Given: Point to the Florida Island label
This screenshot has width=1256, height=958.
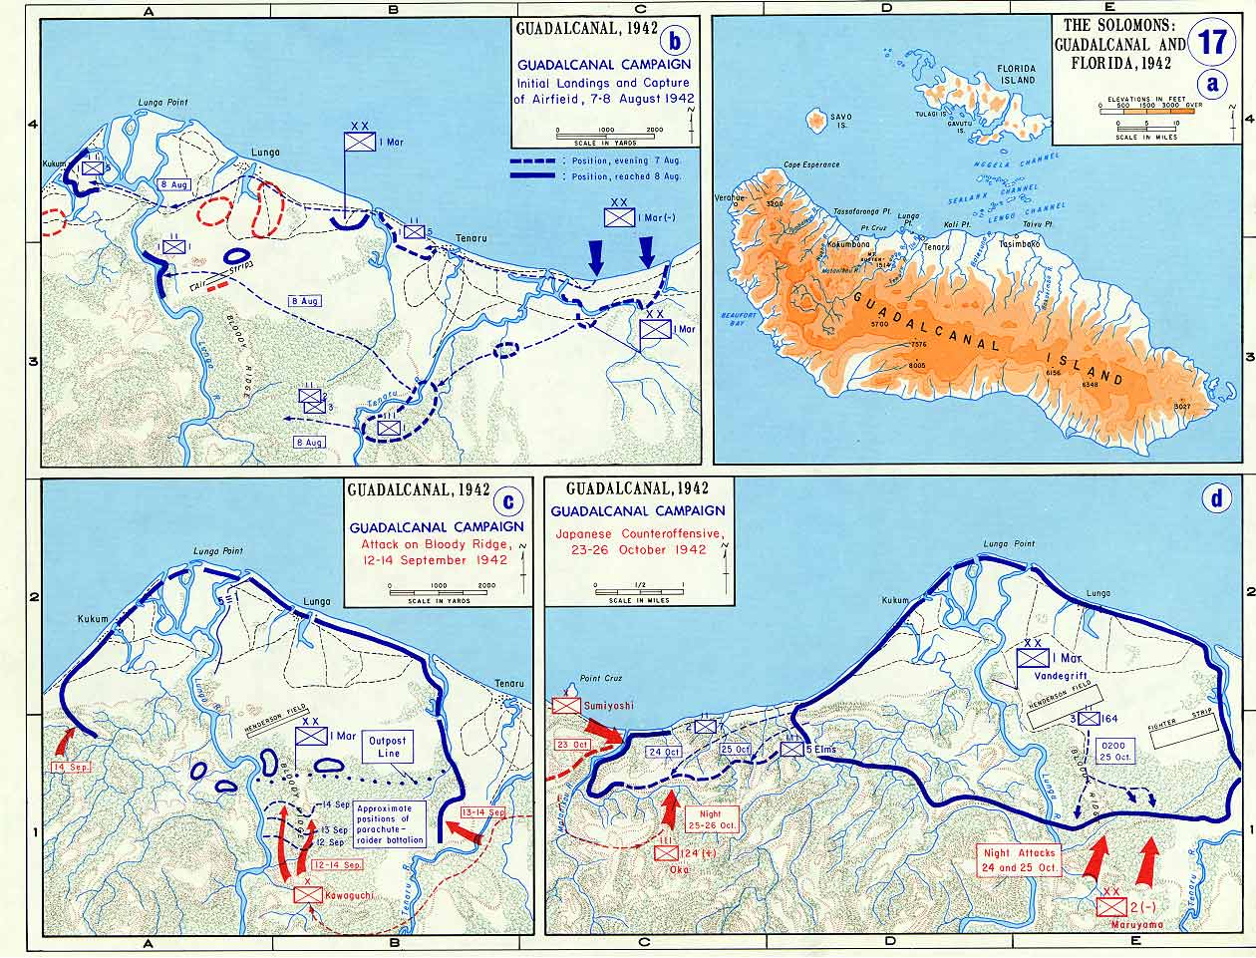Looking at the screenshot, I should pyautogui.click(x=1017, y=74).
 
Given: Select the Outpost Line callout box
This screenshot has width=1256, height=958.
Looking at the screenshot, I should pyautogui.click(x=391, y=747).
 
